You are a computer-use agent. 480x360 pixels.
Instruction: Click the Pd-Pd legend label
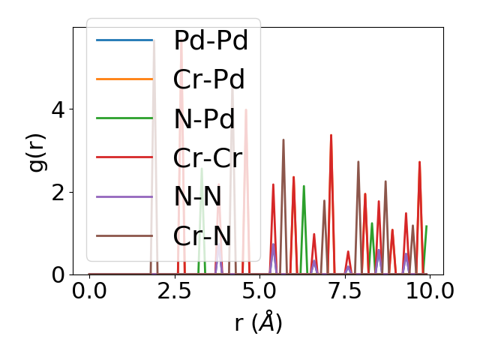(x=211, y=40)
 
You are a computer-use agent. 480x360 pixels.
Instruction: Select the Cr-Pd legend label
(x=209, y=79)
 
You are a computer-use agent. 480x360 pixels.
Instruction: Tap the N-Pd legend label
(x=204, y=118)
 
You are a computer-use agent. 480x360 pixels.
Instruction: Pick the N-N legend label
(x=197, y=196)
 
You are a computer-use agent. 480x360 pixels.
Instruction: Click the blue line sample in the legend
(x=124, y=40)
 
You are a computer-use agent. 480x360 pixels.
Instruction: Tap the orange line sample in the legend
(x=124, y=79)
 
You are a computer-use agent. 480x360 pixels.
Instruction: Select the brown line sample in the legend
(x=124, y=235)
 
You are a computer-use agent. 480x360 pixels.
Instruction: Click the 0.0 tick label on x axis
(x=89, y=292)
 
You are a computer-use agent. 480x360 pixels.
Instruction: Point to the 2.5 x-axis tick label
(x=174, y=292)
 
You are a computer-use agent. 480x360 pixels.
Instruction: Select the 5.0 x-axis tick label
(x=259, y=292)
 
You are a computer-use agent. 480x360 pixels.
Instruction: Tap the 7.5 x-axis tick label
(x=344, y=292)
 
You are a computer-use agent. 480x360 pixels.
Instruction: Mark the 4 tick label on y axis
(x=58, y=109)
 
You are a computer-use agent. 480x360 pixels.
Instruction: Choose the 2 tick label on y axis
(x=58, y=192)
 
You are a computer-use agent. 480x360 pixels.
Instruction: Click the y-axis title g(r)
(x=35, y=151)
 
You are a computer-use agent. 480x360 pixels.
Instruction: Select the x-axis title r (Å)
(x=258, y=323)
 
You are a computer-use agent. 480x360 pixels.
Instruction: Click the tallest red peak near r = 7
(x=331, y=135)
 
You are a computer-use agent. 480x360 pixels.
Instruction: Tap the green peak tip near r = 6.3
(x=304, y=186)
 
